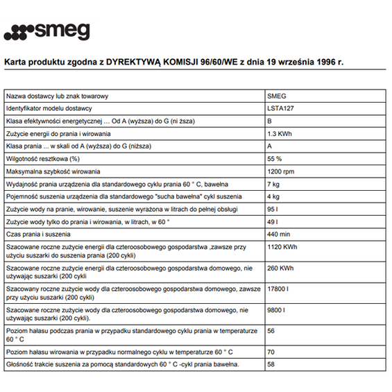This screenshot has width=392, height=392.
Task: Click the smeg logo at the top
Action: pyautogui.click(x=46, y=31)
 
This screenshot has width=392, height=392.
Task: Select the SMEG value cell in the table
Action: pyautogui.click(x=276, y=96)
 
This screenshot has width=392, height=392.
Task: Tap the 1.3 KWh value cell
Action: pyautogui.click(x=280, y=133)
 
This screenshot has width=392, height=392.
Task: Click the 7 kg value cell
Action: pyautogui.click(x=273, y=184)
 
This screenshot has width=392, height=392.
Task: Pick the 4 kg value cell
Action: pyautogui.click(x=273, y=196)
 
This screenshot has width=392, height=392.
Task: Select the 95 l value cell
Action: pyautogui.click(x=273, y=209)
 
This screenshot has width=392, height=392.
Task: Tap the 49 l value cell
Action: pyautogui.click(x=273, y=221)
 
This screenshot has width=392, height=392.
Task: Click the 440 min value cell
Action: pyautogui.click(x=278, y=234)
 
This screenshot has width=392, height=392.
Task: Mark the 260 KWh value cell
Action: pyautogui.click(x=280, y=268)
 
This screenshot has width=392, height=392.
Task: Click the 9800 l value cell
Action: pyautogui.click(x=278, y=309)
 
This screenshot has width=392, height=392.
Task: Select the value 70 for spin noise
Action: pyautogui.click(x=271, y=352)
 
